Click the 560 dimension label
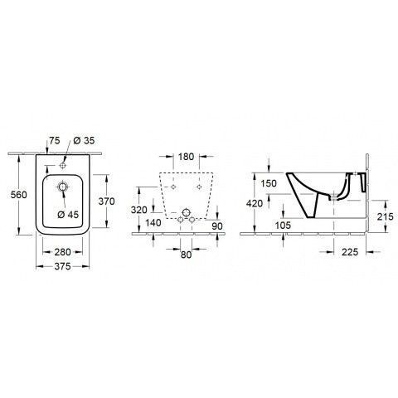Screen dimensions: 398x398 19,195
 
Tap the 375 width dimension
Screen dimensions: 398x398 62,266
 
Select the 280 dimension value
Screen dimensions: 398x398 62,252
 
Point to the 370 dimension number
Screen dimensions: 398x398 106,201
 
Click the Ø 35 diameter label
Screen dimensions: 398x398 84,140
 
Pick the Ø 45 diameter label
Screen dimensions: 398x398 68,215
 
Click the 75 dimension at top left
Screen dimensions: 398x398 55,140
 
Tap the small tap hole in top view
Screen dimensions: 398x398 62,165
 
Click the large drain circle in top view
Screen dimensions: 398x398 63,187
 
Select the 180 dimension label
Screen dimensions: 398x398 186,157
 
